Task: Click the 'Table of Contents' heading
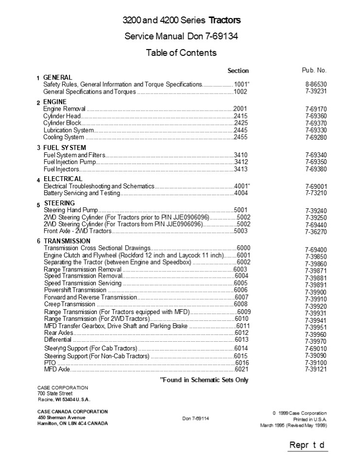coord(181,53)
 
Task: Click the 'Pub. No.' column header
coord(314,70)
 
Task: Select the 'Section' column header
coord(238,71)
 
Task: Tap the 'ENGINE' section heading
coord(55,102)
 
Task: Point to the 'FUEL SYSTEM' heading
coord(65,148)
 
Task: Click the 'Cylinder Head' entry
coord(62,116)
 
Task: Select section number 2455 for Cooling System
coord(240,137)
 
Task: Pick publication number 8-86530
coord(316,84)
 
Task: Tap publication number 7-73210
coord(316,193)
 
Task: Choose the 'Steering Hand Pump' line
coord(71,210)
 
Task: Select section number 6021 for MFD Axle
coord(241,369)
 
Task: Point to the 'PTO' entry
coord(49,363)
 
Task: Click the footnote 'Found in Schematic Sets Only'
coord(204,380)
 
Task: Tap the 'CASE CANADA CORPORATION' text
coord(73,412)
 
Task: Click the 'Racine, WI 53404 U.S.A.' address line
coord(64,399)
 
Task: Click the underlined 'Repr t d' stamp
coord(307,445)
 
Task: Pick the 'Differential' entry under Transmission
coord(58,340)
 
